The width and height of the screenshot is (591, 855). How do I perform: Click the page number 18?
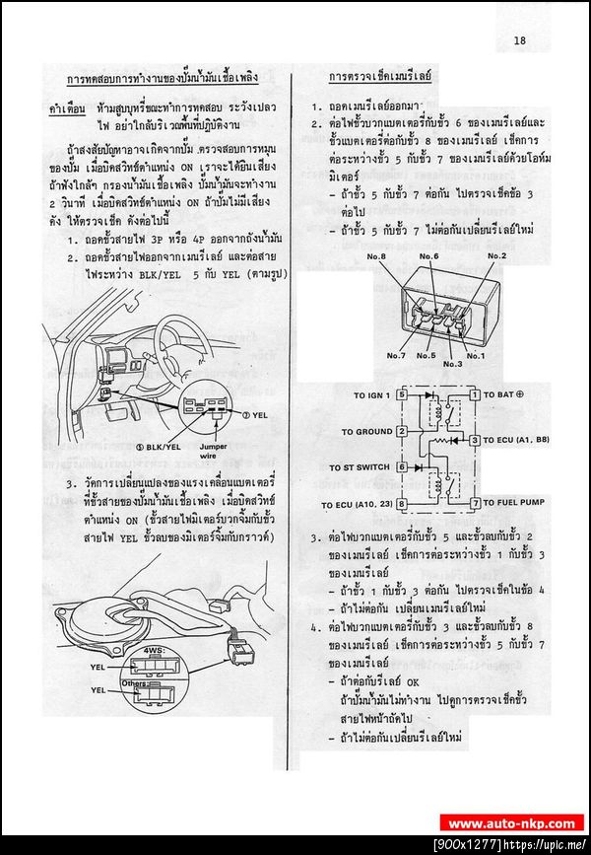click(x=519, y=40)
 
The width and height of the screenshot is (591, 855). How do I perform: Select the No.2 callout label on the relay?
click(x=495, y=256)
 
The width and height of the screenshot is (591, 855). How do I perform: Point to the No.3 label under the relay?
click(x=452, y=364)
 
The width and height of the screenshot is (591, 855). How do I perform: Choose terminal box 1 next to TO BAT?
click(x=474, y=395)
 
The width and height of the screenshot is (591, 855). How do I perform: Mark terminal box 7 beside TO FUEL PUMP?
click(x=474, y=503)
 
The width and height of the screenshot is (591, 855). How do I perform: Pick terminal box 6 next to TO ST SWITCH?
click(x=401, y=466)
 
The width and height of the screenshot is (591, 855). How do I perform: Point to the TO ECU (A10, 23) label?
click(x=356, y=504)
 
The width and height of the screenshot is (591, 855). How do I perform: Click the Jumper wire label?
click(x=227, y=452)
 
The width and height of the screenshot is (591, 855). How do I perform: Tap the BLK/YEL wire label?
click(x=159, y=447)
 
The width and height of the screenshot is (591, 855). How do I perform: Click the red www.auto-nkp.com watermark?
click(x=511, y=822)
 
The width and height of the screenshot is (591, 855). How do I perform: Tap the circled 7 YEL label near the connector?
click(x=254, y=415)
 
